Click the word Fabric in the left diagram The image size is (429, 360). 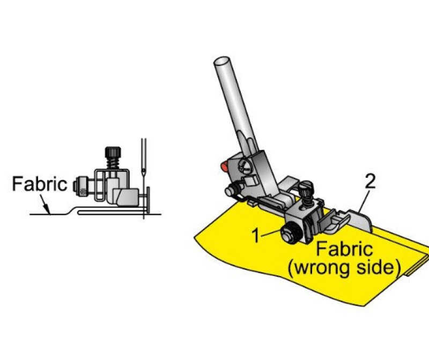tap(40, 184)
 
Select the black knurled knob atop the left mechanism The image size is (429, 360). tap(113, 153)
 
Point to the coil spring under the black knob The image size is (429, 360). tap(113, 164)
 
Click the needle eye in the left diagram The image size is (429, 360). tap(143, 171)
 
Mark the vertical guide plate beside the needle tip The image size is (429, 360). tap(148, 200)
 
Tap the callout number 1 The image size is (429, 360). tap(256, 235)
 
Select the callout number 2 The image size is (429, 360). tap(370, 181)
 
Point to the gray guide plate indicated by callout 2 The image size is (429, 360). tap(361, 220)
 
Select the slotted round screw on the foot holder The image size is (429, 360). tap(245, 166)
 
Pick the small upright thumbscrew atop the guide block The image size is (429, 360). tap(306, 192)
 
